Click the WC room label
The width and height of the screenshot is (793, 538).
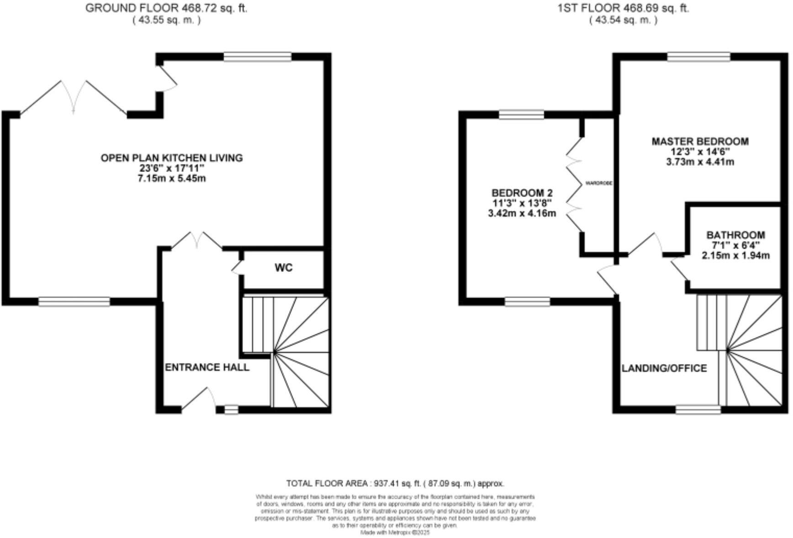pyautogui.click(x=283, y=268)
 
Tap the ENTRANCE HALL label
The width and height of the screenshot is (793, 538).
pyautogui.click(x=207, y=367)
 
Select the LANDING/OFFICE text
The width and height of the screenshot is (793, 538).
pyautogui.click(x=664, y=368)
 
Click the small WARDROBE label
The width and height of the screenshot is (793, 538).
pyautogui.click(x=598, y=183)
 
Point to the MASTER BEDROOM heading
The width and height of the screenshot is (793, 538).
pyautogui.click(x=700, y=141)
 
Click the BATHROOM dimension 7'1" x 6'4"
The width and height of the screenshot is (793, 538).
pyautogui.click(x=735, y=245)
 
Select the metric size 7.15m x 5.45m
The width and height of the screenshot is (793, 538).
pyautogui.click(x=171, y=178)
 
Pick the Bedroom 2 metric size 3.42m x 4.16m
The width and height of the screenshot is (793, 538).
pyautogui.click(x=522, y=213)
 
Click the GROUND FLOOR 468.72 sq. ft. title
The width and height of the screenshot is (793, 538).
pyautogui.click(x=166, y=8)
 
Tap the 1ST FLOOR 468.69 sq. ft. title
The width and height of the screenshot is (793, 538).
pyautogui.click(x=623, y=8)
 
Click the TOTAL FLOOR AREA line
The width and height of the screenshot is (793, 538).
pyautogui.click(x=395, y=483)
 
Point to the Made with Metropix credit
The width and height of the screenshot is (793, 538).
pyautogui.click(x=395, y=533)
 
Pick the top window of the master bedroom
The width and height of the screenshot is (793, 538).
pyautogui.click(x=698, y=57)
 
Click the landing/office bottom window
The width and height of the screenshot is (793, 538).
pyautogui.click(x=698, y=410)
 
